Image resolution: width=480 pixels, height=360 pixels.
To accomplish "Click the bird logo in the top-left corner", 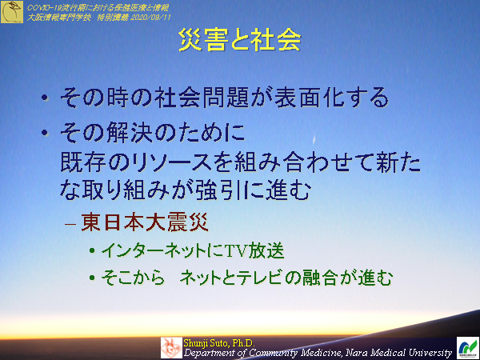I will pos(12,11).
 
